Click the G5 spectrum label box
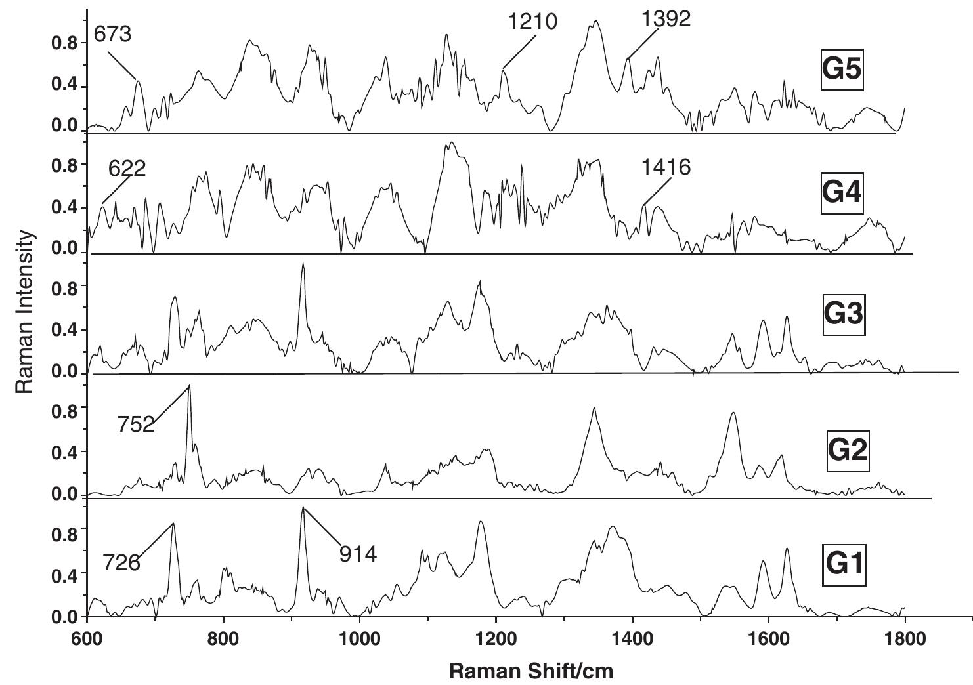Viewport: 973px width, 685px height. pyautogui.click(x=842, y=69)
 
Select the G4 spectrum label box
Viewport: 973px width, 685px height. pyautogui.click(x=842, y=192)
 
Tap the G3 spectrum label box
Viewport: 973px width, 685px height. pyautogui.click(x=844, y=314)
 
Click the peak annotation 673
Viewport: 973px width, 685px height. pyautogui.click(x=112, y=34)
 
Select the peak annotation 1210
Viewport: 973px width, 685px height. pyautogui.click(x=532, y=22)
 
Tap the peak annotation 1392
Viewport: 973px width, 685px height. pyautogui.click(x=666, y=19)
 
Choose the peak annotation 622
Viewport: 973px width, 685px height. pyautogui.click(x=127, y=169)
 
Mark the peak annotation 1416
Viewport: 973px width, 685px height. pyautogui.click(x=666, y=167)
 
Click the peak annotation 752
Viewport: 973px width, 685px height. pyautogui.click(x=136, y=425)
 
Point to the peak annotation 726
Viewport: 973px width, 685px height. pyautogui.click(x=121, y=562)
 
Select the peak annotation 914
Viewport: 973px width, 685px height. pyautogui.click(x=358, y=554)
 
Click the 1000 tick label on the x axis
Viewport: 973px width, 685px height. pyautogui.click(x=360, y=638)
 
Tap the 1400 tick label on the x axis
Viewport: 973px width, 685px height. pyautogui.click(x=632, y=638)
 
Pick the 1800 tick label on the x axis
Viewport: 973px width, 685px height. pyautogui.click(x=905, y=638)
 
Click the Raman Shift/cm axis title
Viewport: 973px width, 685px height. pyautogui.click(x=531, y=671)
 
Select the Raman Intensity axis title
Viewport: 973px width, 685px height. pyautogui.click(x=25, y=312)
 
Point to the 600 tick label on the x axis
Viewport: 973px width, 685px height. pyautogui.click(x=87, y=638)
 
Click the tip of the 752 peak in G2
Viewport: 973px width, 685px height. pyautogui.click(x=190, y=385)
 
